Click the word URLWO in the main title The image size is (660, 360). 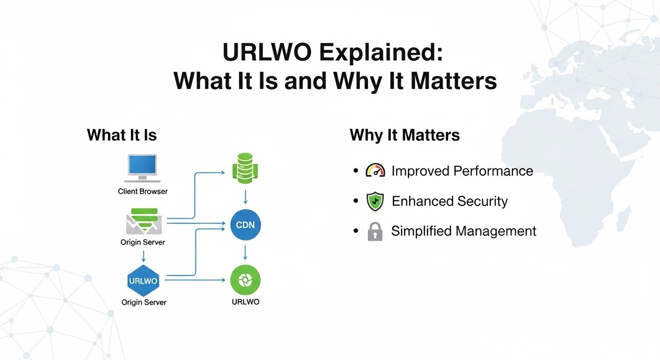267,52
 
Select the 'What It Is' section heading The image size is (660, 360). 122,135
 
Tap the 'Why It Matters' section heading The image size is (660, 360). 405,135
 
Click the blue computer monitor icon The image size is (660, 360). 142,168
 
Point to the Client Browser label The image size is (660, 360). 142,191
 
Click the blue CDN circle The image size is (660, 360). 246,225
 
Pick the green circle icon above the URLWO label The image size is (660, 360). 246,280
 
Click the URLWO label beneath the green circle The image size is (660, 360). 246,301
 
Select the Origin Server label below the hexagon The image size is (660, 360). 144,302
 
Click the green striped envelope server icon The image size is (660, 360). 144,222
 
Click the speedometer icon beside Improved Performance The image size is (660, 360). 375,171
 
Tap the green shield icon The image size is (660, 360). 375,201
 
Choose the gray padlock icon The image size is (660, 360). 375,232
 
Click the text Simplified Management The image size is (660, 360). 464,231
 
